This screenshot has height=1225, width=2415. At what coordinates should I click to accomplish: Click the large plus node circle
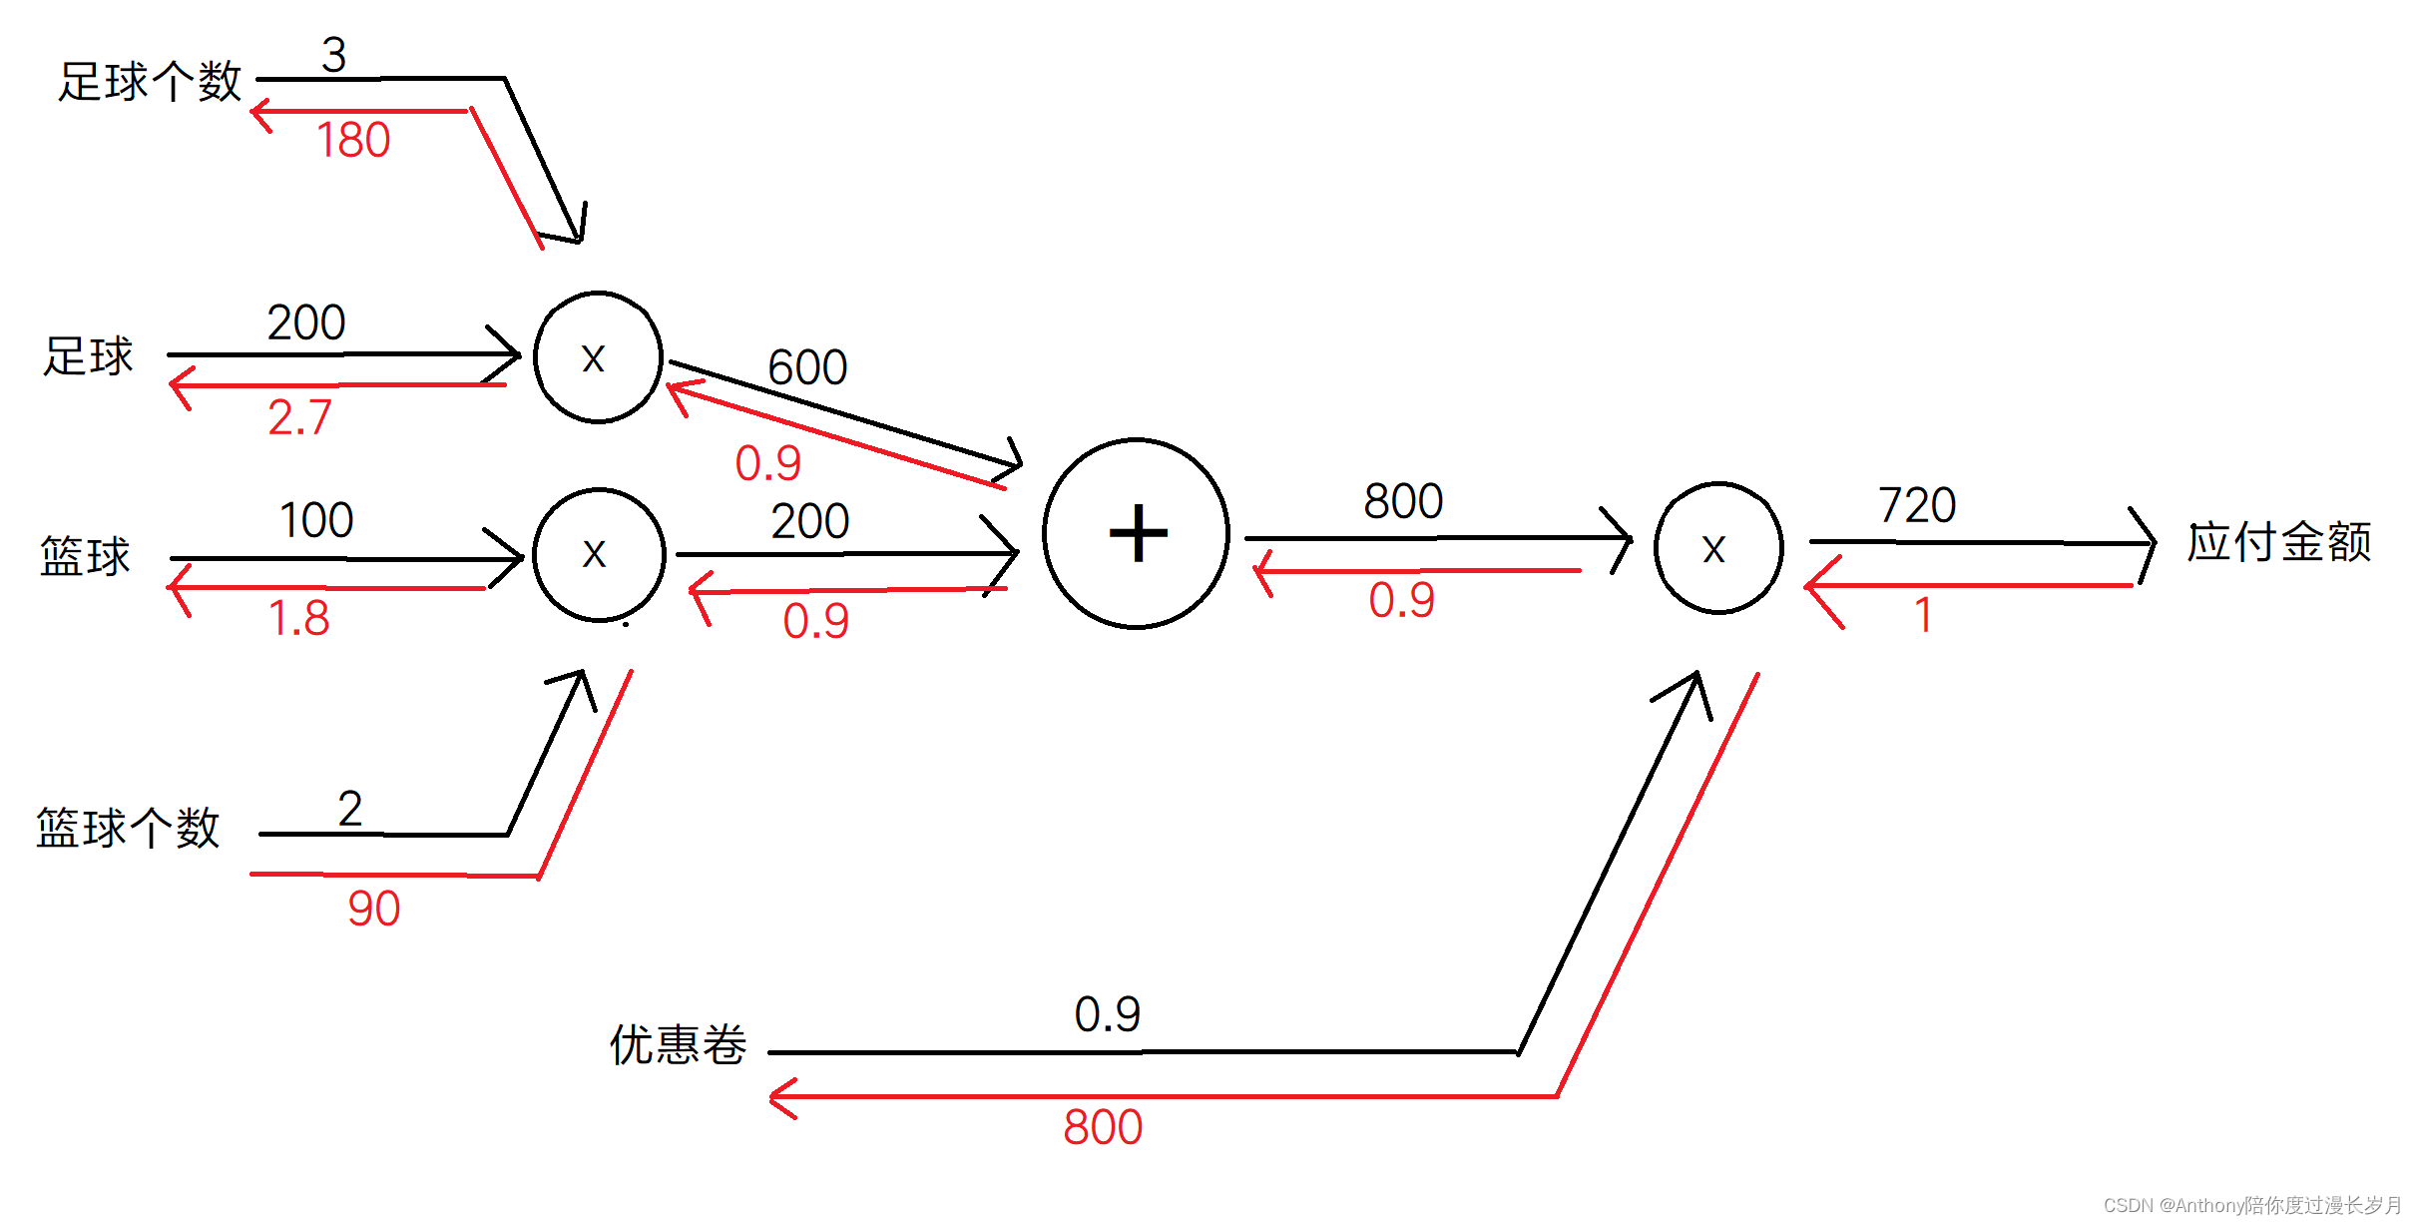click(1136, 533)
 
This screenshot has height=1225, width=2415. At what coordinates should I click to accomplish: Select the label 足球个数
click(150, 82)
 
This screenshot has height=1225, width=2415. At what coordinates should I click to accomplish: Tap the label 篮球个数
click(128, 828)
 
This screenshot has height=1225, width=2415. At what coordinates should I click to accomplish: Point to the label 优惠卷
click(678, 1044)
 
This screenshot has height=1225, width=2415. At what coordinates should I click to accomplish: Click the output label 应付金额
click(2278, 542)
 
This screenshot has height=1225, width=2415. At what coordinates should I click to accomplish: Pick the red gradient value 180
click(353, 140)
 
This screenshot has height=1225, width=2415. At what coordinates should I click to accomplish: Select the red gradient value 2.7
click(299, 417)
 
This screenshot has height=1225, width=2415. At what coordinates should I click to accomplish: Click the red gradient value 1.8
click(298, 618)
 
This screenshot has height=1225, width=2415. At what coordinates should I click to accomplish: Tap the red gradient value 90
click(373, 909)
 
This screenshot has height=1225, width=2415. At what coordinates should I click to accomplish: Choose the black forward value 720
click(1916, 505)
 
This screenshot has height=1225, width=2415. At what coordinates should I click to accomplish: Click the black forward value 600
click(807, 367)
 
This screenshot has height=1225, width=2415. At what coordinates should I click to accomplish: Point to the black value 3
click(333, 55)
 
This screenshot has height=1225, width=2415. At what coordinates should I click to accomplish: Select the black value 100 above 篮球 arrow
click(316, 520)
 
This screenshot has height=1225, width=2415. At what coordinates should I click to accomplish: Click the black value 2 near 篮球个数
click(349, 809)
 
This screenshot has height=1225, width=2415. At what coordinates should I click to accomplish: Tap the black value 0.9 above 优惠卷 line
click(1107, 1014)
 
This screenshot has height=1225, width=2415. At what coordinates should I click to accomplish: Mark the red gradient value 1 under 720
click(1923, 615)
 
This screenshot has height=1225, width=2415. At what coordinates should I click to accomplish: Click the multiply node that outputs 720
click(1717, 548)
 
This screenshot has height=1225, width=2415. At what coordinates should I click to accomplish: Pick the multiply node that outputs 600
click(598, 357)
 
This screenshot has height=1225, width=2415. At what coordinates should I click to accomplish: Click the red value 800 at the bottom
click(1102, 1127)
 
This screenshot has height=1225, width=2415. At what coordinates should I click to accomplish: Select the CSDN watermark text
click(2251, 1205)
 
